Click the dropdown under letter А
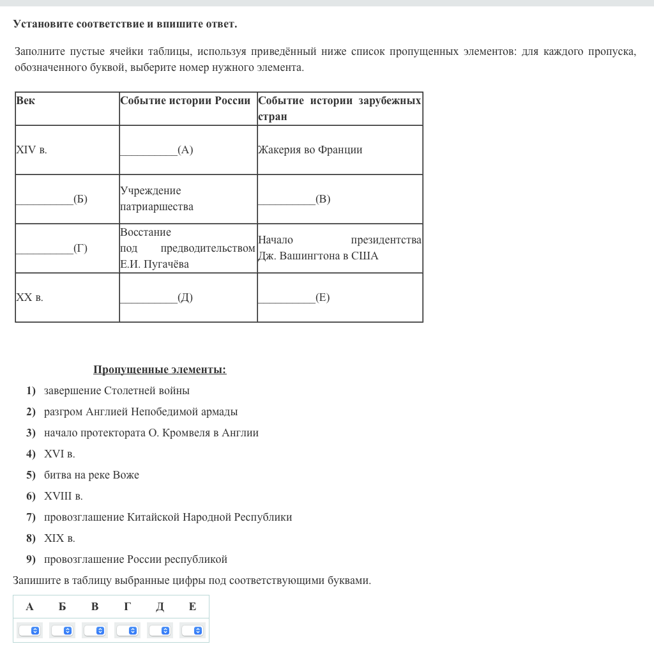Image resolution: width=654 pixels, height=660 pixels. coord(29,631)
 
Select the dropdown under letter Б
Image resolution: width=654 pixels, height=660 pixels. coord(62,631)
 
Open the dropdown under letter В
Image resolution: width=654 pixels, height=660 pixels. coord(95,631)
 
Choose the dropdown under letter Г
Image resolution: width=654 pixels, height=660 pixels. coord(127,631)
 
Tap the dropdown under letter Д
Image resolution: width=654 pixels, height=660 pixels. coord(160,631)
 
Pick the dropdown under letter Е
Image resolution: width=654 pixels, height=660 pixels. coord(192,631)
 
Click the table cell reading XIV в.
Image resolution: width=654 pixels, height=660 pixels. coord(32,150)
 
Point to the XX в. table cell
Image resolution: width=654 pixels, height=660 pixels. coord(30,298)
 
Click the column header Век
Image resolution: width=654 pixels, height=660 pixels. coord(26,101)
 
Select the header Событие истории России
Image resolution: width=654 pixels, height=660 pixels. coord(185,101)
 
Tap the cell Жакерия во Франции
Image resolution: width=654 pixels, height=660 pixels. coord(310,150)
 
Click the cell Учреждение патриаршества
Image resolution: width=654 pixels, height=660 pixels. coord(156,199)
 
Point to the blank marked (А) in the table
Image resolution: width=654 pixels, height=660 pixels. coord(156,150)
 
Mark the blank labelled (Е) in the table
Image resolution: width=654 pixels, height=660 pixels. coord(294,298)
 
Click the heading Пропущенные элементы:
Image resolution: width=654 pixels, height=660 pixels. coord(160,370)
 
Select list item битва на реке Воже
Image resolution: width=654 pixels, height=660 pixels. coord(91,475)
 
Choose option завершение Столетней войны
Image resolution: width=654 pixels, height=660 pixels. coord(117,391)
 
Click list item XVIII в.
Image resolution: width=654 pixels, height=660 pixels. coord(63,496)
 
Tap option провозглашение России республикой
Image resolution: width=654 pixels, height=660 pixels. coord(135,560)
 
